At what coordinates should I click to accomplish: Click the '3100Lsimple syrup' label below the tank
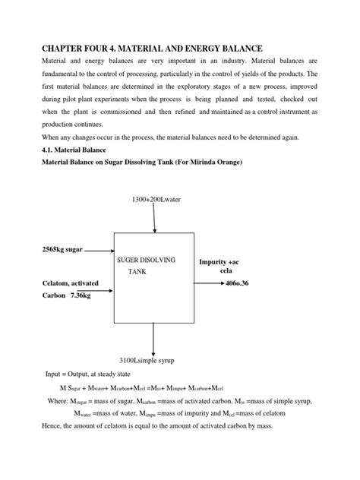click(153, 358)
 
